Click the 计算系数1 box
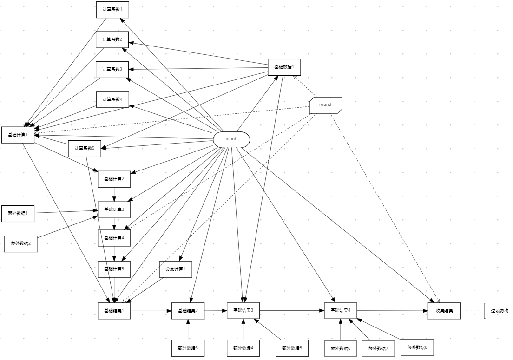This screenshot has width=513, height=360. [112, 9]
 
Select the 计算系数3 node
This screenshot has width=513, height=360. [112, 69]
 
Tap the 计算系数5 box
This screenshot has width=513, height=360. [85, 148]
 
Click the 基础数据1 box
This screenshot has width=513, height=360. [284, 67]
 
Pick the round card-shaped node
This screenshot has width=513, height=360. [326, 105]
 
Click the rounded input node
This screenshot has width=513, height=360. [231, 139]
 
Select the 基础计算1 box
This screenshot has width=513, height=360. [18, 135]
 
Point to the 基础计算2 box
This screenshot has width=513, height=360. [114, 179]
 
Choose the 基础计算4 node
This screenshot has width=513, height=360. [114, 238]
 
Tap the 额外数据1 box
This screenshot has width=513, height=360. [18, 213]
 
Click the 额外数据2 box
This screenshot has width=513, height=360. [20, 243]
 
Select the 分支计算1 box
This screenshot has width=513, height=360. [176, 269]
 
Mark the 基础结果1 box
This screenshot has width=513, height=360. [114, 311]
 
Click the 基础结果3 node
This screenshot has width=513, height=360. [243, 310]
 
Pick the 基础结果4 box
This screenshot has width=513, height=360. [341, 310]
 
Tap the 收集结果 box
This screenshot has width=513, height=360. [444, 311]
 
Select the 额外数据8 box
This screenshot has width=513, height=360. [417, 347]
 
